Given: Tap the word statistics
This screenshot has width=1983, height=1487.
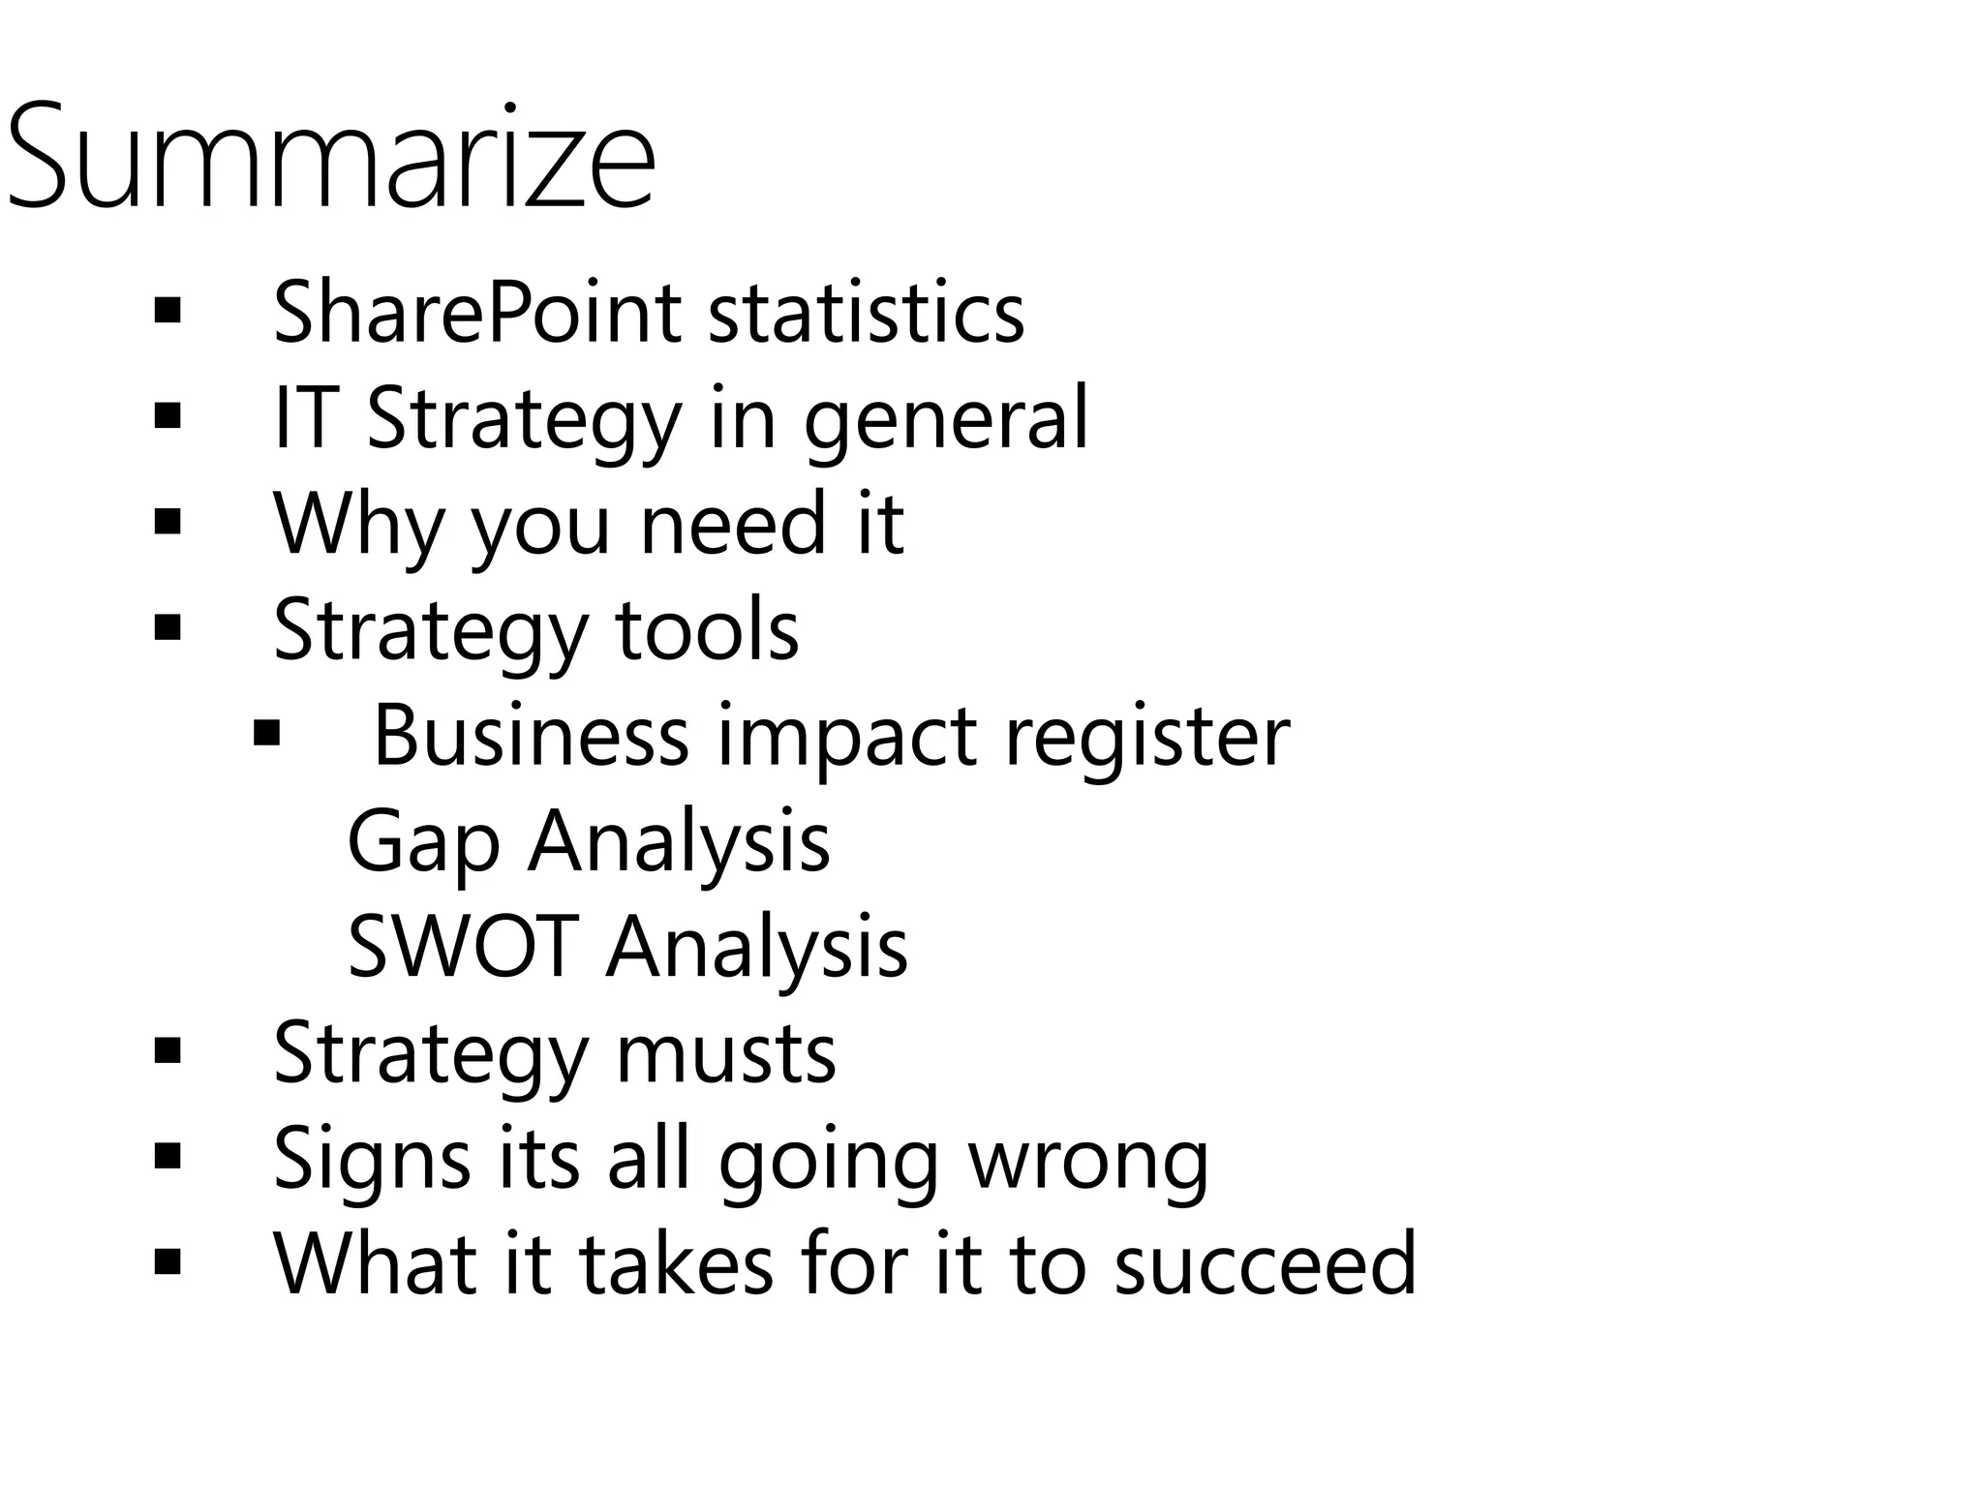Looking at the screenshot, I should (x=866, y=313).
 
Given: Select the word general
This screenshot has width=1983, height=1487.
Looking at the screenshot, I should (x=946, y=419).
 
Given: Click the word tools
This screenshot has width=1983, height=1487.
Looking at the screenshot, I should (x=707, y=629).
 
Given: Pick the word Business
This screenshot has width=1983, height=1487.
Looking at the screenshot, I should (x=531, y=736).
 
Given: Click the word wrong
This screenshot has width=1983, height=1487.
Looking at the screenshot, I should (x=1089, y=1159).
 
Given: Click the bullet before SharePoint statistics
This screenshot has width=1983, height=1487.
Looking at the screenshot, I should (x=168, y=313).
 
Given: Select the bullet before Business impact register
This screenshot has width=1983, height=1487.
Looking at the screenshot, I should (x=266, y=733).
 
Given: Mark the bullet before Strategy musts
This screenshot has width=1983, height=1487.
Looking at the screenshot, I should (x=168, y=1051).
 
